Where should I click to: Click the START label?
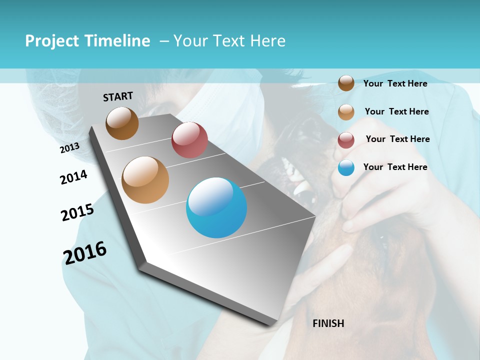pyautogui.click(x=118, y=96)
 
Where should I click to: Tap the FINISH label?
pyautogui.click(x=328, y=323)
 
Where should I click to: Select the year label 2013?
pyautogui.click(x=69, y=148)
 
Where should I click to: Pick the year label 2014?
pyautogui.click(x=73, y=177)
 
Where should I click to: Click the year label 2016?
pyautogui.click(x=85, y=253)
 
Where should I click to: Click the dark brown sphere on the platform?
pyautogui.click(x=122, y=123)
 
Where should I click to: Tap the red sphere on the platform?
pyautogui.click(x=189, y=140)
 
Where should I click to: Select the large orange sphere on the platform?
pyautogui.click(x=145, y=180)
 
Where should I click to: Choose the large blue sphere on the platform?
pyautogui.click(x=216, y=208)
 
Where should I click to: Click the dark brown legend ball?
pyautogui.click(x=346, y=83)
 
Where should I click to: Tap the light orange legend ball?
pyautogui.click(x=346, y=112)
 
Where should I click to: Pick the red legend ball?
pyautogui.click(x=346, y=140)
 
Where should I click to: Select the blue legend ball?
pyautogui.click(x=346, y=167)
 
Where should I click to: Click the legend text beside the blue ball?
pyautogui.click(x=395, y=167)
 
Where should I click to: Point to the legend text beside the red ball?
pyautogui.click(x=397, y=139)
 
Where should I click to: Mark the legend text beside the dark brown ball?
pyautogui.click(x=395, y=83)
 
